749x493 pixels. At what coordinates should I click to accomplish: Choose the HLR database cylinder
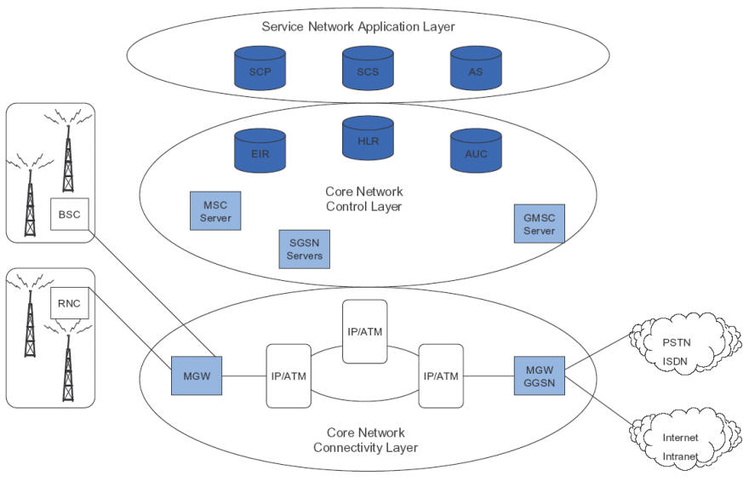(x=368, y=138)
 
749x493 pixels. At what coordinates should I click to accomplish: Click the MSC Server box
(x=215, y=210)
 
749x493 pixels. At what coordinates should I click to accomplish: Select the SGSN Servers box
(x=304, y=249)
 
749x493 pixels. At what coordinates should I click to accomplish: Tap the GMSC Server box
(x=539, y=223)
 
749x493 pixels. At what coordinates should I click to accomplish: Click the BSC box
(x=70, y=214)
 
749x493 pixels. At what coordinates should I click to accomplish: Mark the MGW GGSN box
(x=539, y=375)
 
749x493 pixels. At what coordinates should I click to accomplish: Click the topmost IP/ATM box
(x=364, y=331)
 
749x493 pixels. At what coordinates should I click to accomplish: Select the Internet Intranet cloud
(x=680, y=446)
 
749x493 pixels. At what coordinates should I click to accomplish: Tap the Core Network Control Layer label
(x=364, y=199)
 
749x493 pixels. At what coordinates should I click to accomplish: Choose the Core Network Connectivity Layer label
(x=364, y=439)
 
